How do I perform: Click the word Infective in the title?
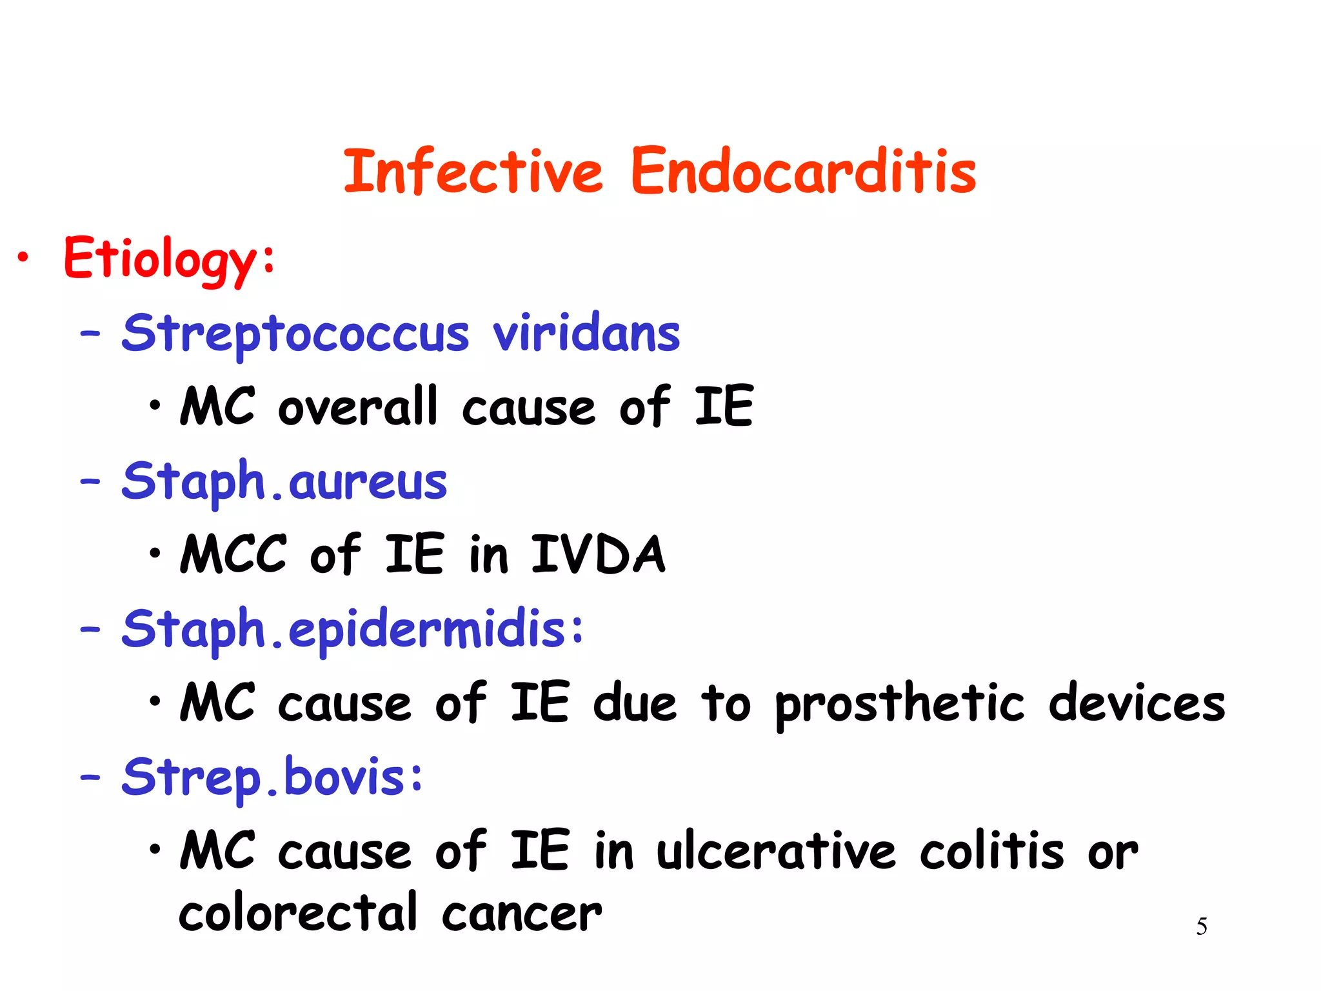473,171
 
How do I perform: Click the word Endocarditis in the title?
803,171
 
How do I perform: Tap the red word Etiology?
161,259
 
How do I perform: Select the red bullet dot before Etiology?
23,258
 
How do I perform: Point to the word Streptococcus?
295,334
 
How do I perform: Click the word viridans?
586,334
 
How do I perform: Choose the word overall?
358,408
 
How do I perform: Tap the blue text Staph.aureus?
284,482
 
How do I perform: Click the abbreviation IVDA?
597,555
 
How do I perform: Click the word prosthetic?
899,704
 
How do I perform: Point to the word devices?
1137,704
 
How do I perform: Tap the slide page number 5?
1202,926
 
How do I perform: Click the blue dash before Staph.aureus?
90,482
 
